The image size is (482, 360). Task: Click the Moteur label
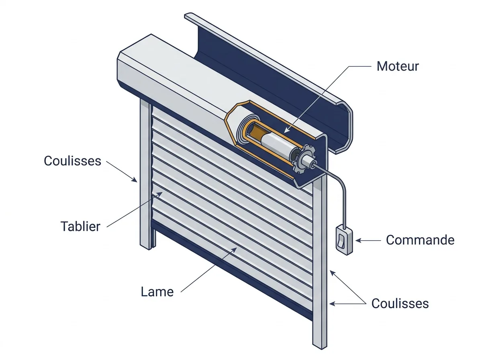tap(398, 66)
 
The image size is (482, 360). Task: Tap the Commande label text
tap(420, 240)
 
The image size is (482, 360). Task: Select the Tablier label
tap(80, 226)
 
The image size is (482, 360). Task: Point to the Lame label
tap(157, 292)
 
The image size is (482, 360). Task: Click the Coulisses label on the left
tap(72, 161)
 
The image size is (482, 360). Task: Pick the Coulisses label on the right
tap(400, 304)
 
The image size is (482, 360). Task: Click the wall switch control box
tap(344, 241)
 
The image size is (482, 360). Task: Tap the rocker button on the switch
tap(341, 241)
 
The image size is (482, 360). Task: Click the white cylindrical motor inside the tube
tap(277, 145)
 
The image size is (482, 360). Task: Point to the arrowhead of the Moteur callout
tap(286, 131)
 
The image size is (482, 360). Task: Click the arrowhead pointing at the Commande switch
tap(358, 241)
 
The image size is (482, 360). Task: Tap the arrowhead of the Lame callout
tap(234, 250)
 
